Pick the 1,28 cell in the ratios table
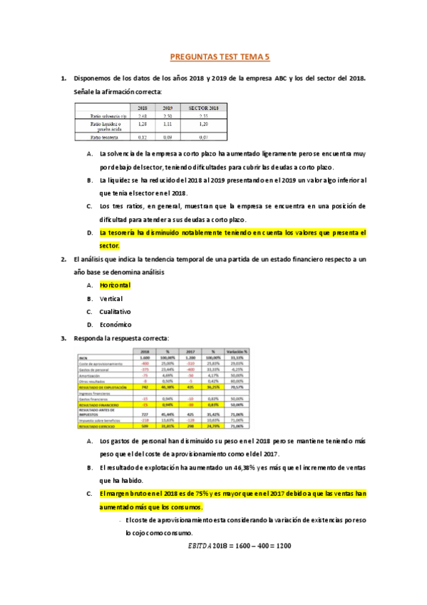pyautogui.click(x=143, y=124)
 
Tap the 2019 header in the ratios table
pyautogui.click(x=168, y=108)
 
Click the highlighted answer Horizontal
pyautogui.click(x=116, y=284)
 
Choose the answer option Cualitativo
pyautogui.click(x=115, y=311)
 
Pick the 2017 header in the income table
pyautogui.click(x=190, y=351)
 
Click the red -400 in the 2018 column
pyautogui.click(x=145, y=363)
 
